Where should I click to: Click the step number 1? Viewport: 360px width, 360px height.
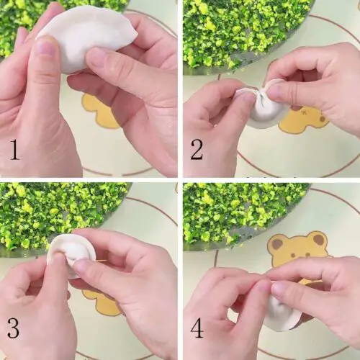click(x=14, y=150)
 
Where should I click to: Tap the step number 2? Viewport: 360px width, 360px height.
click(x=197, y=150)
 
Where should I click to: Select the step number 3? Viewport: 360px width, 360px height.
click(x=13, y=328)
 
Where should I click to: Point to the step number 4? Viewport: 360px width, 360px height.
click(x=197, y=328)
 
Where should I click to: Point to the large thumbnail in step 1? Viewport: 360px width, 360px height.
click(x=45, y=46)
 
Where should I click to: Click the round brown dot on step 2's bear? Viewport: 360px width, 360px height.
click(x=323, y=119)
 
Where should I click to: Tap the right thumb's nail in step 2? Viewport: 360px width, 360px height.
click(x=276, y=91)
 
